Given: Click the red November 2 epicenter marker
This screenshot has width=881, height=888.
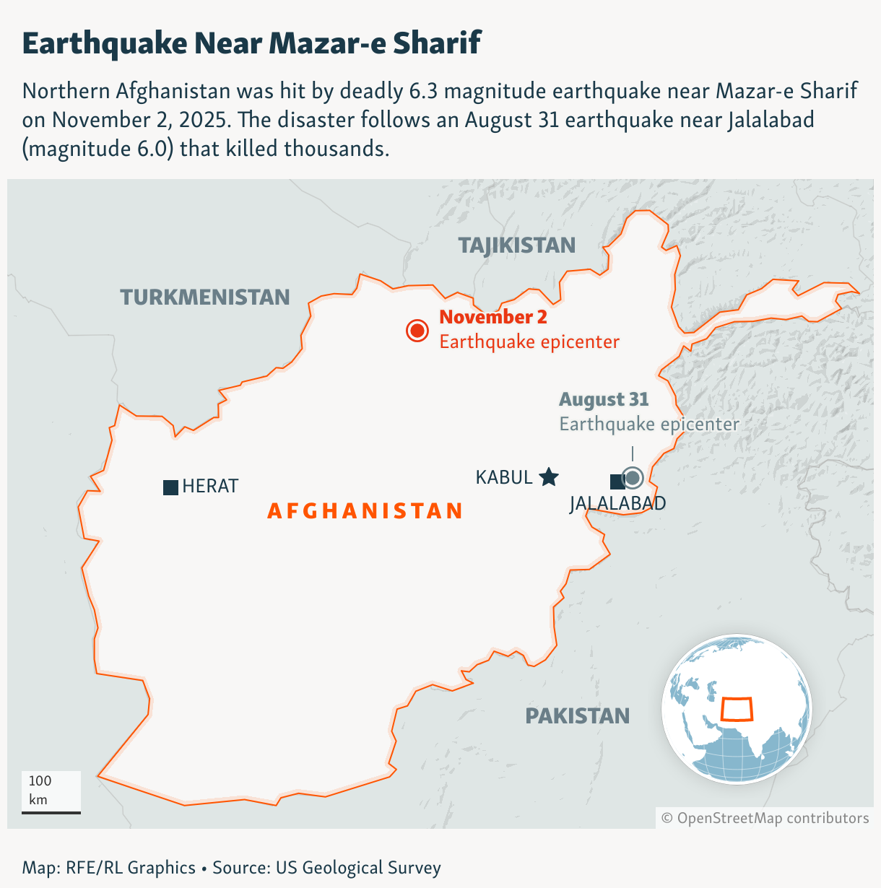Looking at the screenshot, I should (417, 331).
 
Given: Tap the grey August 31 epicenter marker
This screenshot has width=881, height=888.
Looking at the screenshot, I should (633, 478).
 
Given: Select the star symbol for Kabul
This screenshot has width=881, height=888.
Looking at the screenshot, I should (549, 476).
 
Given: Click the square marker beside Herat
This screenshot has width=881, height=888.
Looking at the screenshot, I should (170, 487).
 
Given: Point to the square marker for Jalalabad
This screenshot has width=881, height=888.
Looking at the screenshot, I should (617, 482).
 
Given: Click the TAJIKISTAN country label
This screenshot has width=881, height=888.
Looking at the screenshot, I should (517, 245).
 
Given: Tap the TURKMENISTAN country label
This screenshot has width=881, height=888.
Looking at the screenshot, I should (205, 297).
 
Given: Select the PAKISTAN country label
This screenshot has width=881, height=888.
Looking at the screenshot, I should (577, 716).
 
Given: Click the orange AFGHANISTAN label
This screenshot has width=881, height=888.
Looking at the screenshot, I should (365, 511).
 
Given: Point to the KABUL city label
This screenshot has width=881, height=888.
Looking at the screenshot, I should (504, 477).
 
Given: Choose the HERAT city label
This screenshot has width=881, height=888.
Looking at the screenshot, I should (210, 487).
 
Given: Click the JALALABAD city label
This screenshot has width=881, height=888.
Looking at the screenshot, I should (617, 503).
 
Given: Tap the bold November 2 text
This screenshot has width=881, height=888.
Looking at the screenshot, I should (493, 317).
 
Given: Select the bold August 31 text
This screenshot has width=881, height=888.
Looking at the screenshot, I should (604, 399).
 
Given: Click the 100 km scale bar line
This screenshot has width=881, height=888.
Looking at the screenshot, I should (51, 812).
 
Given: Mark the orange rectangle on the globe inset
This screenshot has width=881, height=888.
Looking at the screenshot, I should (737, 709).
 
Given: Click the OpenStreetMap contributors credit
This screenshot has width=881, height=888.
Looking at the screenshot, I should (765, 818).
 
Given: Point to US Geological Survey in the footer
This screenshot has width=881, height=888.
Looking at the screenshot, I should (358, 867).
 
